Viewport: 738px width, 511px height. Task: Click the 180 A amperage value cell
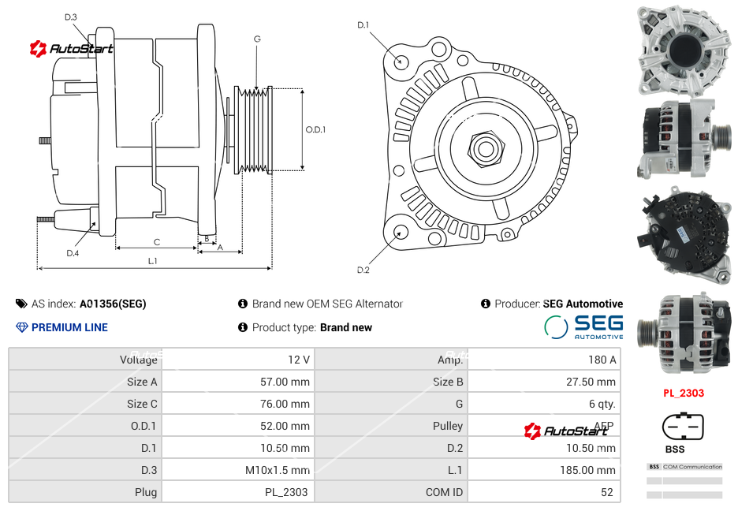[602, 360]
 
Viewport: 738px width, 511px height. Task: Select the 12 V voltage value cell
[298, 360]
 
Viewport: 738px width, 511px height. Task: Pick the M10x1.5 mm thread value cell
[277, 470]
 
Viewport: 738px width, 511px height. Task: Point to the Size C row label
[142, 404]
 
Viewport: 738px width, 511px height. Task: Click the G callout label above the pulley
[257, 39]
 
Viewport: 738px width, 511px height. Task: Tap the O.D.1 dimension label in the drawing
[315, 130]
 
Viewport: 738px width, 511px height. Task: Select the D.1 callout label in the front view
[363, 25]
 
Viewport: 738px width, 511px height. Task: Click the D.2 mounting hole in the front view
[401, 232]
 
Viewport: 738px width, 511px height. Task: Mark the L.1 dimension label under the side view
[152, 260]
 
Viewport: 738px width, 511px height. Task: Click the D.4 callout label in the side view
[73, 253]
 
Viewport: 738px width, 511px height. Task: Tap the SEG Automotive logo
[583, 326]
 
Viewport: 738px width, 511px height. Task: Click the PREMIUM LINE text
[69, 327]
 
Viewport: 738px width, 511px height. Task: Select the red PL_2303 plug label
[683, 393]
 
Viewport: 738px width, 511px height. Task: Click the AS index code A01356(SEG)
[113, 304]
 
